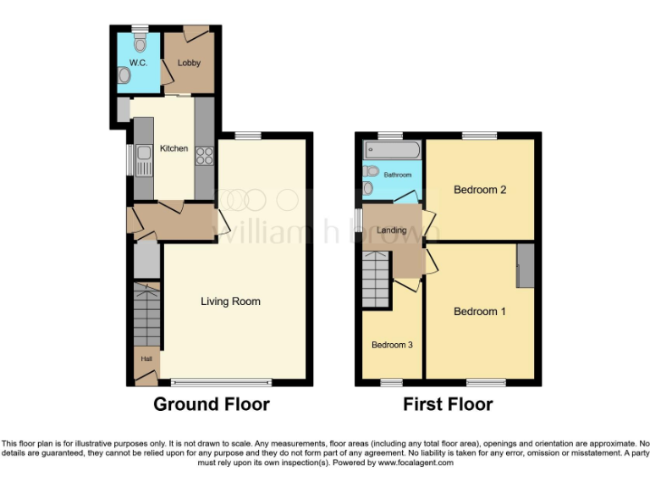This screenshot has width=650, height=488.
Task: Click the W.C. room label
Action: [138, 63]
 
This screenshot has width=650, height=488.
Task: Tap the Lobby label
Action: [188, 63]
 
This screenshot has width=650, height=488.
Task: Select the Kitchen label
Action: [174, 148]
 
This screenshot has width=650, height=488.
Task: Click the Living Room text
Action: [230, 301]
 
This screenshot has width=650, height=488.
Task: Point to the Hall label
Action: [146, 359]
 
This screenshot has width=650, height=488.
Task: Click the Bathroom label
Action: [397, 174]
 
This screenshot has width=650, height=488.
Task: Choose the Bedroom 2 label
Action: [480, 190]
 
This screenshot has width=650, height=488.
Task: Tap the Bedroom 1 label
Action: [480, 311]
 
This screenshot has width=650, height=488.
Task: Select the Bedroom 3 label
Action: [393, 345]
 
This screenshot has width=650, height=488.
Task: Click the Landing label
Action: [392, 230]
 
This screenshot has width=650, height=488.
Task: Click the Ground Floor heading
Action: [211, 404]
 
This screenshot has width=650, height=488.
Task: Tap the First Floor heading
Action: [448, 404]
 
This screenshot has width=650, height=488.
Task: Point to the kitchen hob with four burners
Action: [204, 156]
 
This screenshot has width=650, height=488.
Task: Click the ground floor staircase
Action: [146, 318]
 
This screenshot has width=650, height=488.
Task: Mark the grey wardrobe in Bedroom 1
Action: [526, 265]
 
